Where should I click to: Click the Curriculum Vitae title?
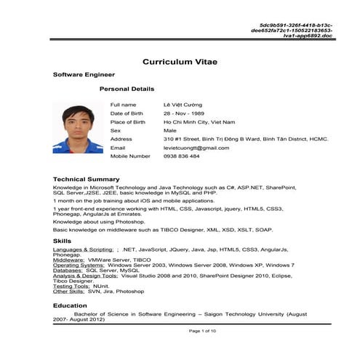pos(180,61)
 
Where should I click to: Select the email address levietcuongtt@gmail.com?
pos(196,148)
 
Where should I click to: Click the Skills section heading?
pos(63,241)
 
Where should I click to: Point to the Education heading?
pos(70,305)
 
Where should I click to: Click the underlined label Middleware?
pos(69,260)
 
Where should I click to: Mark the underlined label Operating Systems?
pos(78,265)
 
